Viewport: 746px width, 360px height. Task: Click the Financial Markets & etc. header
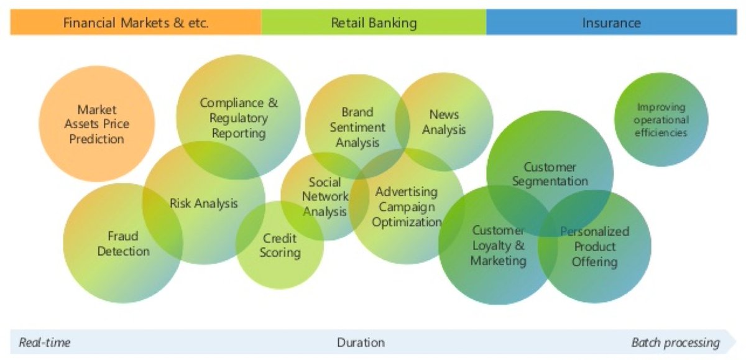pos(136,24)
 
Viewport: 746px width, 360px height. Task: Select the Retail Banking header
pos(374,24)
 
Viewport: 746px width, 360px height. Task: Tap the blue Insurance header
pos(611,24)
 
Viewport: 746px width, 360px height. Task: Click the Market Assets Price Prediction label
pos(96,124)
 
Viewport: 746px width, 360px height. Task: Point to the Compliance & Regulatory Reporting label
pos(239,118)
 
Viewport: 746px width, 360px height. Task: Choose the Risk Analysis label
pos(204,203)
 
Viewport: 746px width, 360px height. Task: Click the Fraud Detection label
pos(123,244)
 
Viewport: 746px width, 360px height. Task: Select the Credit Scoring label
pos(280,246)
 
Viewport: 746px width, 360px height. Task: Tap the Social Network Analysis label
pos(325,197)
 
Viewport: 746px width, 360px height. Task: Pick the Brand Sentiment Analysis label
pos(357,127)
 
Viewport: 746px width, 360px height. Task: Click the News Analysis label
pos(444,122)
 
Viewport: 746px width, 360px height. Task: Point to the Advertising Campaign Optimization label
pos(407,207)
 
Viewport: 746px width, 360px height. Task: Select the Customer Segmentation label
pos(550,174)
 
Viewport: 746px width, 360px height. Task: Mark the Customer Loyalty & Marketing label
pos(498,246)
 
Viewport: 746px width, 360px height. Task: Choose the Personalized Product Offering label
pos(594,246)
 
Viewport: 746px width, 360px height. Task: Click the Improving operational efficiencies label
pos(661,120)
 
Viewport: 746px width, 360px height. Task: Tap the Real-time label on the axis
pos(45,343)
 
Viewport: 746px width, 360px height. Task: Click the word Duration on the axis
pos(361,343)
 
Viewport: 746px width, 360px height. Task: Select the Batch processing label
pos(675,343)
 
